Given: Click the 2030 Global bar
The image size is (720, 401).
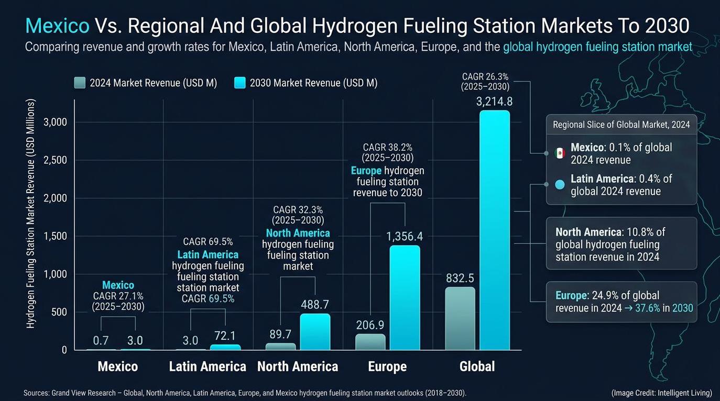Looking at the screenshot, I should coord(494,230).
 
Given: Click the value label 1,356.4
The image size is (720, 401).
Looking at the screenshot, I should coord(405,237).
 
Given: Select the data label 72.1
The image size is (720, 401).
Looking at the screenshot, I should coord(225,336).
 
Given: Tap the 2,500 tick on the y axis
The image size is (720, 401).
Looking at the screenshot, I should coord(55,160).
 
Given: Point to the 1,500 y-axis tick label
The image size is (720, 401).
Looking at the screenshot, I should coord(55,236).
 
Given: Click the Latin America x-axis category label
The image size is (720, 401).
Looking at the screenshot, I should coord(208,366).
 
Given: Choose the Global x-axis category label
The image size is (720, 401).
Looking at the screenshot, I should coord(477,366).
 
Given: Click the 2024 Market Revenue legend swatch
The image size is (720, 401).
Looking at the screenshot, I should coord(80,83).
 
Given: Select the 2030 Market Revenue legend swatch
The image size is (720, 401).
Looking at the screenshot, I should coord(239,83).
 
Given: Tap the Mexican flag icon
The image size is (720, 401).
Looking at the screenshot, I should coord(560,153).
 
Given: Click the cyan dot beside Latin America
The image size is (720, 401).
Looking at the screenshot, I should coord(560,184).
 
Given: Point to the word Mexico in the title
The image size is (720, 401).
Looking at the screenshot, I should coord(58,25).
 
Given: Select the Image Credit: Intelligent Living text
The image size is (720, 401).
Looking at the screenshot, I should coord(661,393).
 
